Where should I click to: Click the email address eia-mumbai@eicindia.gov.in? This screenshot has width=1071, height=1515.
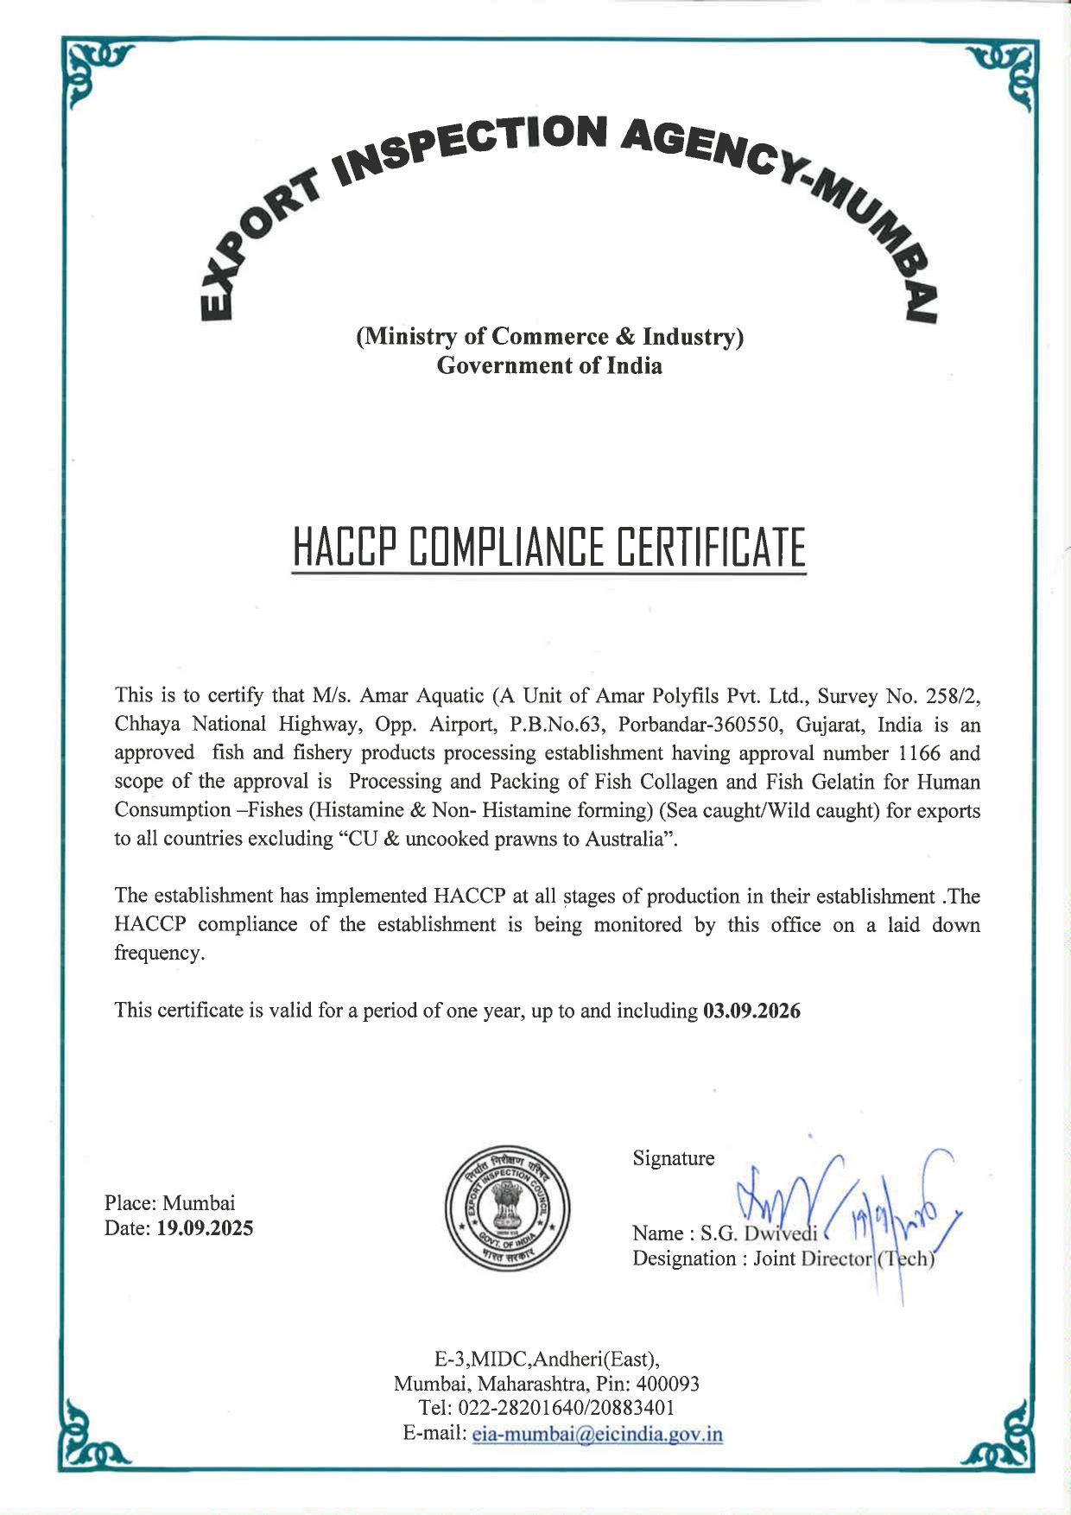[x=598, y=1435]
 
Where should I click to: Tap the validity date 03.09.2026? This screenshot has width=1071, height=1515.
[x=751, y=1011]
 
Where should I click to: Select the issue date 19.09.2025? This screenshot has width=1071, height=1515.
[x=205, y=1228]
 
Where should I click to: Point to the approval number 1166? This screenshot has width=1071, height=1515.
[x=919, y=753]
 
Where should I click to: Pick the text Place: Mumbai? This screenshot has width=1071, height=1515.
[x=169, y=1203]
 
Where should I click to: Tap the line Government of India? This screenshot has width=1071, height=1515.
[x=549, y=365]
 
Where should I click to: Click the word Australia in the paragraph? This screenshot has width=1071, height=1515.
[x=621, y=839]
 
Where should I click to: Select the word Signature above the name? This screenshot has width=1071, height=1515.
[x=673, y=1158]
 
